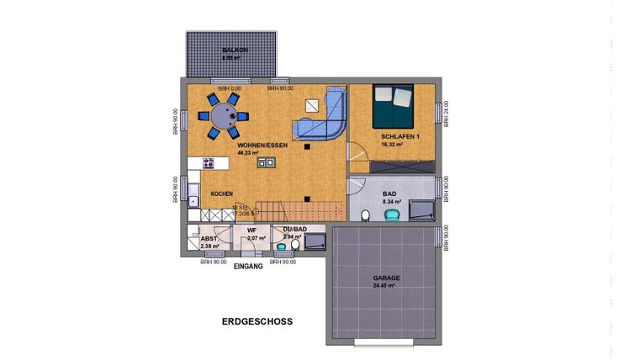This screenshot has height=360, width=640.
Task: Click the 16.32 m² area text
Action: tap(392, 145)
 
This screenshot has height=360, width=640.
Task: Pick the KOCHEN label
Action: tap(221, 193)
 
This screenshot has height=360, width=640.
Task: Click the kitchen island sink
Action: tap(266, 163)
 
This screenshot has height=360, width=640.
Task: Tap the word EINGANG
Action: tap(250, 267)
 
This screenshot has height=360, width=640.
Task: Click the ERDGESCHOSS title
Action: tap(257, 321)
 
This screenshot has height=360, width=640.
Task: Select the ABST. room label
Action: tap(209, 239)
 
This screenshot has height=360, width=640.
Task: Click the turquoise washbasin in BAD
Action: tap(391, 215)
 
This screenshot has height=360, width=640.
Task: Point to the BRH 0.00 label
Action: tap(229, 88)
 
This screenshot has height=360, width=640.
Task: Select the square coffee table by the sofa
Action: tap(313, 106)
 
